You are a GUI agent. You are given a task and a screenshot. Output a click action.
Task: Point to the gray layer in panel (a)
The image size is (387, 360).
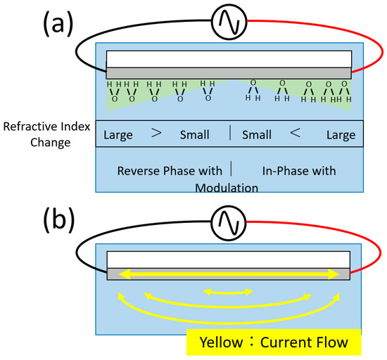[229, 73]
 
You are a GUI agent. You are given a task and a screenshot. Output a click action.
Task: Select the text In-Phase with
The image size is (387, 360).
[298, 170]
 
